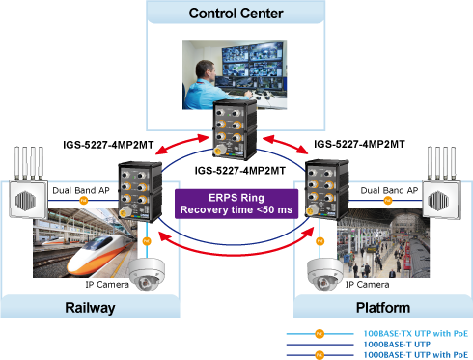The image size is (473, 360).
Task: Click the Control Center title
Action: point(236,14)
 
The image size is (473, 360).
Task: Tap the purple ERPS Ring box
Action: point(236,204)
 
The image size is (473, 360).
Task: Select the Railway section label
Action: point(90,308)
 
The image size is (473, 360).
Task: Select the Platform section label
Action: point(383,308)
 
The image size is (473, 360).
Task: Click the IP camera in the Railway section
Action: point(147,274)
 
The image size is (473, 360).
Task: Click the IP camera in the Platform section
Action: point(325,274)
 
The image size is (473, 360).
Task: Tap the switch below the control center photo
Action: point(235,130)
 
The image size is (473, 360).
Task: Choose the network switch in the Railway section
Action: point(140,192)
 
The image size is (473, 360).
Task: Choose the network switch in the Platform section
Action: point(326,190)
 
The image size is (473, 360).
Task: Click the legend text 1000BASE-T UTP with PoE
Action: point(416,355)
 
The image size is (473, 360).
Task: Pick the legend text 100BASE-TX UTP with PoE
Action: point(416,334)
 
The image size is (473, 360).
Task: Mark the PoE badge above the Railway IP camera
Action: point(147,241)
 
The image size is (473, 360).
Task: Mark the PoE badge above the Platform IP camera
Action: point(320,241)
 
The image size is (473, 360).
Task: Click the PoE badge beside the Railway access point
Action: point(84,201)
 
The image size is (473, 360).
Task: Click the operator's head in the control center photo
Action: point(205,70)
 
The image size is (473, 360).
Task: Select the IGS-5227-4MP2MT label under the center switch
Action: point(240,171)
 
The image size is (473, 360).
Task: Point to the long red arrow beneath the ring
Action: point(236,255)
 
